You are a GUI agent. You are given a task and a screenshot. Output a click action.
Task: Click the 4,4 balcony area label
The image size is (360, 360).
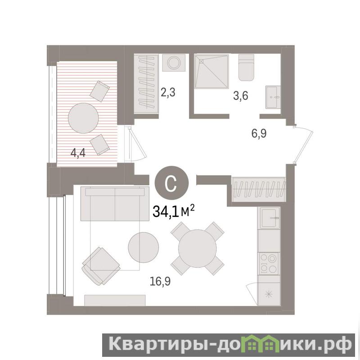click(x=78, y=153)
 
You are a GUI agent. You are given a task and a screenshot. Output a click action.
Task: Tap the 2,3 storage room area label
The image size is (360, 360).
click(x=168, y=92)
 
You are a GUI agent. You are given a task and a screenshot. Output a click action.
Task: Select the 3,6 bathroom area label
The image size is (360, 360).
click(x=241, y=95)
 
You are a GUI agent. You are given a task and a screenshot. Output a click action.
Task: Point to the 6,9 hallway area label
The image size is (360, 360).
click(x=259, y=133)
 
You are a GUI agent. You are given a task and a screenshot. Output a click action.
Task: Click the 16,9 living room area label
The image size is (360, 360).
click(x=160, y=281)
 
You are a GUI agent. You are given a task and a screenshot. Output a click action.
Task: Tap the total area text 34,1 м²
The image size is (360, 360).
click(x=174, y=211)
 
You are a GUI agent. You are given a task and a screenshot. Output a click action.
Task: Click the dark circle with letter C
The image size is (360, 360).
click(x=171, y=183)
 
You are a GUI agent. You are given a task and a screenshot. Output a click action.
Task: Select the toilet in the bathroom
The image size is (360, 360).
click(x=246, y=67)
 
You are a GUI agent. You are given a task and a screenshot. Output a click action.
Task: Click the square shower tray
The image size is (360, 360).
click(x=211, y=71)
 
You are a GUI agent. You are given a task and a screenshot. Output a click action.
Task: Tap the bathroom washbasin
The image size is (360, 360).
click(x=273, y=97)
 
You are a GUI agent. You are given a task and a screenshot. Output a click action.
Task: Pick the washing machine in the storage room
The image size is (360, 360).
click(x=174, y=63)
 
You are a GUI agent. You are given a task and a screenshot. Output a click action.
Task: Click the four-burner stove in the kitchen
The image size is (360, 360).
click(x=269, y=264)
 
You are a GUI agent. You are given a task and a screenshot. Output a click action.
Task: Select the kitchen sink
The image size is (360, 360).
click(x=270, y=218)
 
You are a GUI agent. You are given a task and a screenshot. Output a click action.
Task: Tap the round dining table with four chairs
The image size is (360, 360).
click(x=198, y=248)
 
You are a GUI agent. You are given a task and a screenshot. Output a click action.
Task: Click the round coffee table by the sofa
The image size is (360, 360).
click(x=143, y=247)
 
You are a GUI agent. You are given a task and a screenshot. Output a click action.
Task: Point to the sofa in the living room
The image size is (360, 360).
click(x=115, y=204)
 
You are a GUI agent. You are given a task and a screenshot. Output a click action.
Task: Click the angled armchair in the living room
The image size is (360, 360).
click(x=101, y=266)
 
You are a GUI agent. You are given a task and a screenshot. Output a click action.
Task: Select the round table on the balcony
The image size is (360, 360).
click(x=83, y=118)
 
